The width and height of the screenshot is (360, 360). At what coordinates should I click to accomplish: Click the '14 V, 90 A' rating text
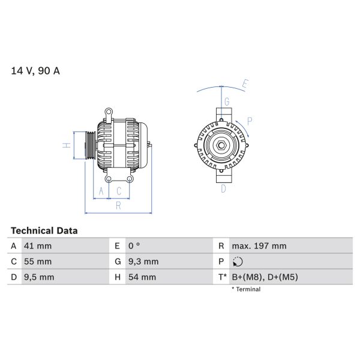coord(35,71)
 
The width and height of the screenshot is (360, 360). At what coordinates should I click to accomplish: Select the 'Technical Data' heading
coord(44,230)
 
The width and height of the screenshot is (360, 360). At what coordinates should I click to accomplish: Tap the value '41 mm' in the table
coord(37,246)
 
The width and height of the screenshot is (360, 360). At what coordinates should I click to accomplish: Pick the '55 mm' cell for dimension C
coord(37,262)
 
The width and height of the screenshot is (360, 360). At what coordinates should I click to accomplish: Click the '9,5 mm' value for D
coord(39,277)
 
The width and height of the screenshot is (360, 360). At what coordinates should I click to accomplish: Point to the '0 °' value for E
coord(134,246)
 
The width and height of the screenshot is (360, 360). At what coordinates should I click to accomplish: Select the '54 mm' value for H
coord(142,277)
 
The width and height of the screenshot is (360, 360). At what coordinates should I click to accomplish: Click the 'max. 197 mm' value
coord(260,246)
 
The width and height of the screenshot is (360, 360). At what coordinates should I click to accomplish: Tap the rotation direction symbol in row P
coord(238,262)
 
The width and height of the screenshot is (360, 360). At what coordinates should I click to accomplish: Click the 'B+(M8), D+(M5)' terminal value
coord(265,277)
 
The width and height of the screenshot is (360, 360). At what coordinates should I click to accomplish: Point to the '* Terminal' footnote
coord(246,289)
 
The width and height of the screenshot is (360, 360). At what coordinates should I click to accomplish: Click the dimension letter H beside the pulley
coord(67,145)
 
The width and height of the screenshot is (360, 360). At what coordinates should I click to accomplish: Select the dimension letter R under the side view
coord(118,206)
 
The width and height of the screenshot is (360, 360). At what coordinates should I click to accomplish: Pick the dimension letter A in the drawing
coord(101,191)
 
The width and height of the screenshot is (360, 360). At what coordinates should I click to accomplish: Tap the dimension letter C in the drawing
coord(119,191)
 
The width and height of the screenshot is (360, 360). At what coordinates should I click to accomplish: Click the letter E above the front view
coord(244,83)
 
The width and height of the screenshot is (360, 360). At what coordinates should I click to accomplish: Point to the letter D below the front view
coord(223,189)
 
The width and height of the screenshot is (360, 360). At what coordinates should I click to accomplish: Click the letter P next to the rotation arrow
coord(250,121)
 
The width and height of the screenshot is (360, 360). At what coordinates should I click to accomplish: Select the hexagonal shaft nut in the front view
coord(221,145)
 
